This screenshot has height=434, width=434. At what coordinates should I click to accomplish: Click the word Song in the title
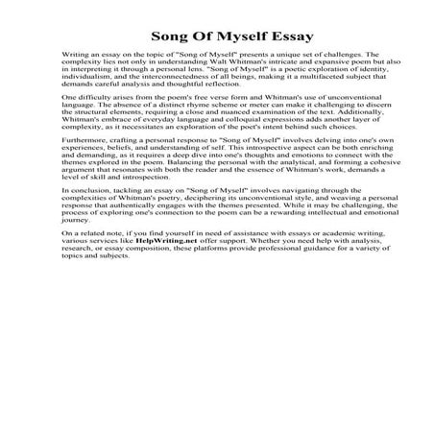pos(169,36)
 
